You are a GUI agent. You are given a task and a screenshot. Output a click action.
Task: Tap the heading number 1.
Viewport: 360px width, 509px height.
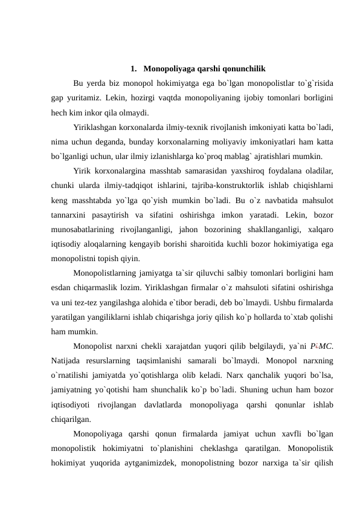tap(132, 68)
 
